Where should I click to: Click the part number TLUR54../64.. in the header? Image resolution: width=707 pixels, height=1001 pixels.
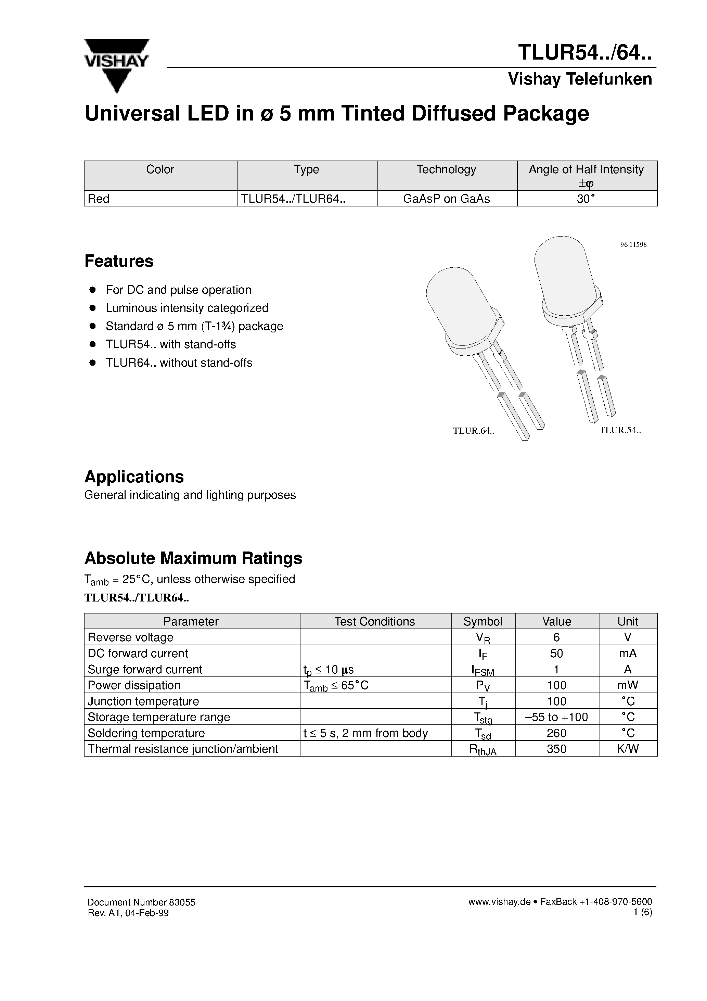584,53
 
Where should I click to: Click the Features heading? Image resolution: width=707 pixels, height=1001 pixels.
118,261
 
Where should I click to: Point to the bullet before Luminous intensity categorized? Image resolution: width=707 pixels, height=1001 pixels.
92,308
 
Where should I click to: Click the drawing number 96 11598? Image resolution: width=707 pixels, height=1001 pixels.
633,244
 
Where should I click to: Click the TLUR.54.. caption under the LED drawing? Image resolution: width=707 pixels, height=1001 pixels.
620,430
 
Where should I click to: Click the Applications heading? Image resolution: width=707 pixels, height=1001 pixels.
134,477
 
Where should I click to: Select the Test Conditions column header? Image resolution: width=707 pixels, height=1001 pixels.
374,621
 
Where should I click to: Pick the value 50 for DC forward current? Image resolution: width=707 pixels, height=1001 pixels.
557,653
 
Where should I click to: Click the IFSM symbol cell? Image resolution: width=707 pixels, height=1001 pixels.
483,670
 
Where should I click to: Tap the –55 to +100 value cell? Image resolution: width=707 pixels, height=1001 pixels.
557,717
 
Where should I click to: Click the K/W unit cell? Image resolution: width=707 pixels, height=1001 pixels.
628,749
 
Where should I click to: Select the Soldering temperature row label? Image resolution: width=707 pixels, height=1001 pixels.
146,733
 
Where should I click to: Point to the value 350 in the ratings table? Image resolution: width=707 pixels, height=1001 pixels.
557,749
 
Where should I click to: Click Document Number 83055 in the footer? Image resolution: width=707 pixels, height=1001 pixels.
141,902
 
